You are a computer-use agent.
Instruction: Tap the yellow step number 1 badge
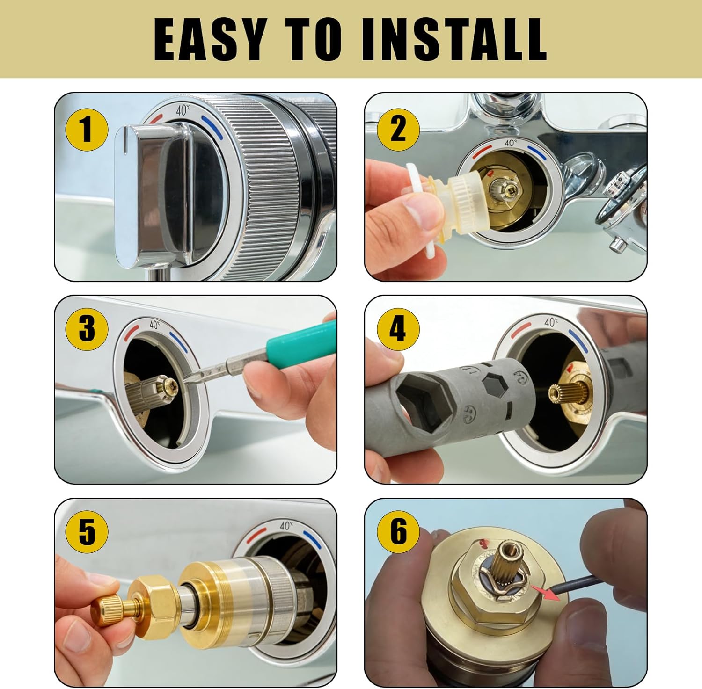pyautogui.click(x=87, y=129)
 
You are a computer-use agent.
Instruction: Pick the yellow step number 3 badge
pyautogui.click(x=87, y=329)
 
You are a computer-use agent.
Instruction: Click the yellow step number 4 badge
pyautogui.click(x=397, y=329)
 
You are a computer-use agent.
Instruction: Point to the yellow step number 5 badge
pyautogui.click(x=87, y=532)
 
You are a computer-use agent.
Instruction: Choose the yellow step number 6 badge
pyautogui.click(x=398, y=532)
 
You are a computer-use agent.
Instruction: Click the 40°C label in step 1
pyautogui.click(x=183, y=111)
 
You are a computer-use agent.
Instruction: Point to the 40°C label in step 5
pyautogui.click(x=285, y=525)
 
